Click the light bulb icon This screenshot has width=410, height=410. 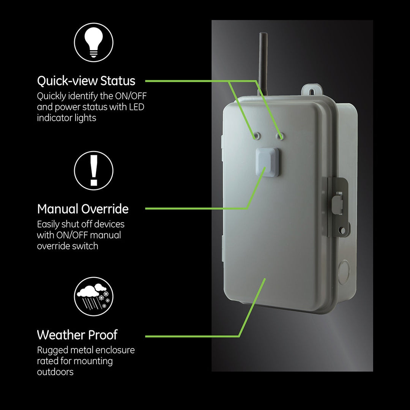94,42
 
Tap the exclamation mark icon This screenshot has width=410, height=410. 94,170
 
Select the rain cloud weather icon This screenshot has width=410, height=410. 94,296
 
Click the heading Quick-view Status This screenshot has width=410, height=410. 86,80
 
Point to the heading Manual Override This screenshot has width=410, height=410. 83,209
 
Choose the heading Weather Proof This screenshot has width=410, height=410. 77,335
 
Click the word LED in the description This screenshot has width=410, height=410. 137,107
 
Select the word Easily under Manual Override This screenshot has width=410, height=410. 48,225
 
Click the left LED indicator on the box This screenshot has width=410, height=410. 257,136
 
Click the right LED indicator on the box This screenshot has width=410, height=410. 280,136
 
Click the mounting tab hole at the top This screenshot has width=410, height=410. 312,91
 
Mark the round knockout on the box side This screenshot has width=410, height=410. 343,272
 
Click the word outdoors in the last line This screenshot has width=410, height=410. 55,372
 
